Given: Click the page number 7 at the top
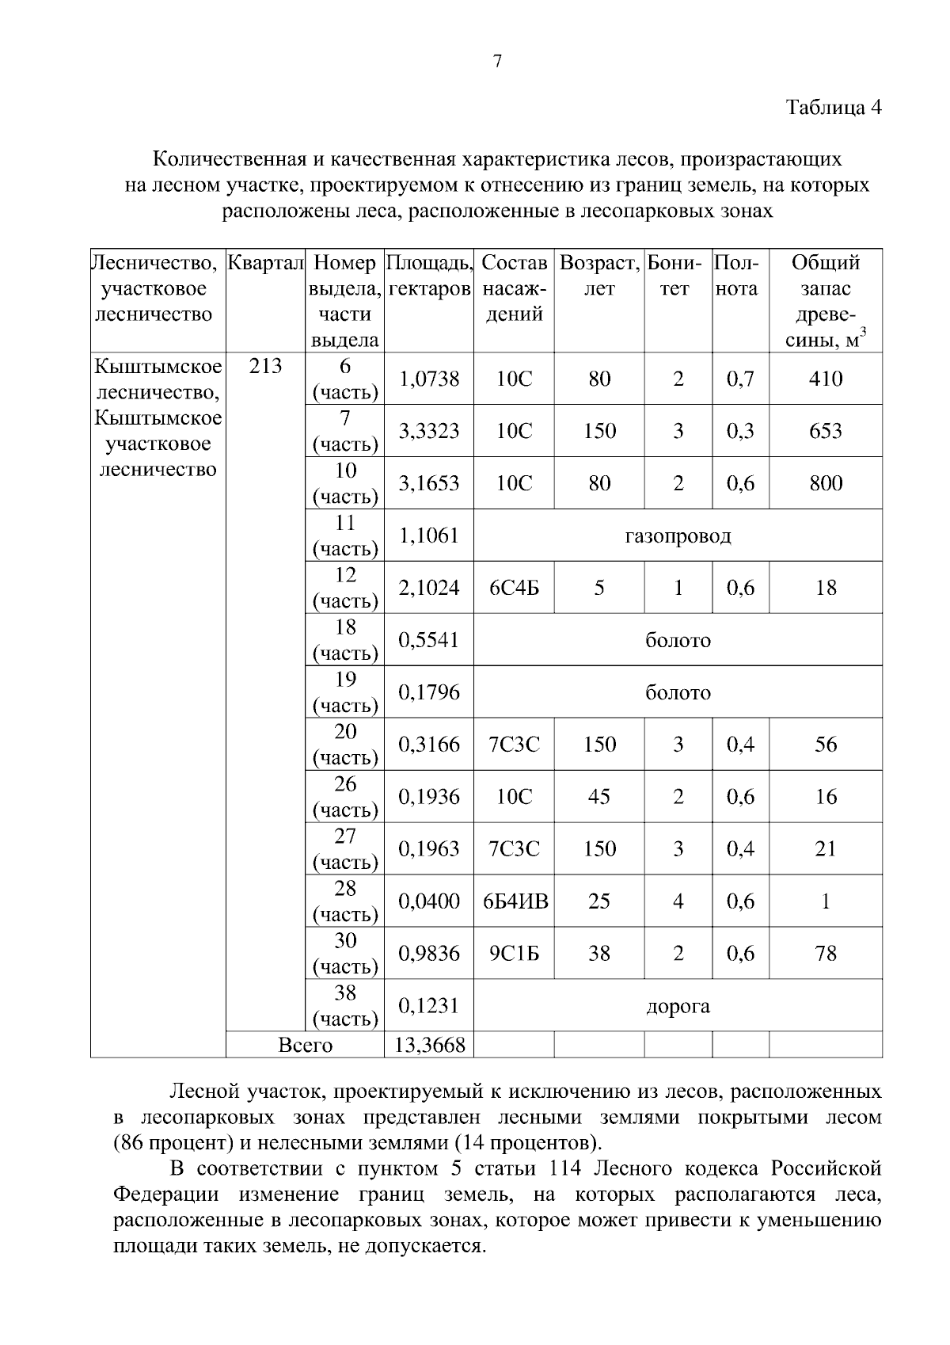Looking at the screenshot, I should [x=497, y=62].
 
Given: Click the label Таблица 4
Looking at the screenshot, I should [x=833, y=107].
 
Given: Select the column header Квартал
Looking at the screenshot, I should [x=265, y=263].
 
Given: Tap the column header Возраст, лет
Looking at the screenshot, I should [x=599, y=275].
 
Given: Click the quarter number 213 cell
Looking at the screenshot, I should [x=265, y=366].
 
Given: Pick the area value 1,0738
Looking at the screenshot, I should [x=428, y=379].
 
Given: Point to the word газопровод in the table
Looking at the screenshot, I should [x=678, y=535].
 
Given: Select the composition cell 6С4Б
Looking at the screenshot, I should [x=514, y=588].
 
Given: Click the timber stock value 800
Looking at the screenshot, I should [x=825, y=483].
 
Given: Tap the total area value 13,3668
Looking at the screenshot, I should [x=428, y=1045].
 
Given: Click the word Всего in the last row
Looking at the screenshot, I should [x=306, y=1045].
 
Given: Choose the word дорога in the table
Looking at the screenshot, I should [x=678, y=1006].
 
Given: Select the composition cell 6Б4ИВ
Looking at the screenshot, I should [x=515, y=901].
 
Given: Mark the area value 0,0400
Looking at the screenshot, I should [x=428, y=901].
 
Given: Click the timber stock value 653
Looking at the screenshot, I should [x=825, y=431].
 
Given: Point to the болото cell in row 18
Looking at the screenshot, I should [x=678, y=640].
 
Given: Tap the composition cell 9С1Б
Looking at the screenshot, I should [x=514, y=954].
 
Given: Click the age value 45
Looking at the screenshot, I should [x=598, y=797].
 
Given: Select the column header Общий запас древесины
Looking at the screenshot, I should [x=825, y=301].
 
